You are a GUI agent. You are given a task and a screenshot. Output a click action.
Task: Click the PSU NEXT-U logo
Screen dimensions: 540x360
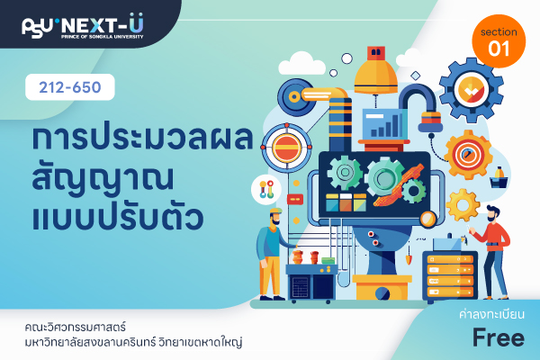coord(83,26)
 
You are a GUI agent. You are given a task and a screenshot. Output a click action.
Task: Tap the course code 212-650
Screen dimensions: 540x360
coord(70,87)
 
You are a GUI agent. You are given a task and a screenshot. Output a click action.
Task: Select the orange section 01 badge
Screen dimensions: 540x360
coord(499,41)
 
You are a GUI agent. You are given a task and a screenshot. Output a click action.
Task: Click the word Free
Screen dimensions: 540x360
coord(499,337)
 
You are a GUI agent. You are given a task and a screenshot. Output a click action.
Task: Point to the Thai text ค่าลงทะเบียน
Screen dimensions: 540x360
coord(491,314)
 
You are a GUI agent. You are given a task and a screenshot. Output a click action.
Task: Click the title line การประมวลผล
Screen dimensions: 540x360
coord(143,137)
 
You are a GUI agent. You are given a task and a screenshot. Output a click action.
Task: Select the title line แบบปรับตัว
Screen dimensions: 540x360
coord(118,216)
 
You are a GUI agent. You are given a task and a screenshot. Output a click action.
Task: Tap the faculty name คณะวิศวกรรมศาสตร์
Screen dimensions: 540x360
coord(75,327)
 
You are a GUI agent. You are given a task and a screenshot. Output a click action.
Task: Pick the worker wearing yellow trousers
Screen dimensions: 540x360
coord(272,254)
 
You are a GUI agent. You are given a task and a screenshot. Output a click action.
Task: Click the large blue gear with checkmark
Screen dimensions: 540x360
coord(471,90)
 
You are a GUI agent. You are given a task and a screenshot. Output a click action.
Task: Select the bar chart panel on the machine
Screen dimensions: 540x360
coord(382,124)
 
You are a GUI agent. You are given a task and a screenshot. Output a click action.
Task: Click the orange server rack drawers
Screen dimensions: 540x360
coord(450,275)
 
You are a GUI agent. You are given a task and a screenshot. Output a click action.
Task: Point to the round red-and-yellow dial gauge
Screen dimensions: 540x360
coord(286,148)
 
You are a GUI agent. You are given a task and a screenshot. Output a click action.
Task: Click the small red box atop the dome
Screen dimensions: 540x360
coord(376,54)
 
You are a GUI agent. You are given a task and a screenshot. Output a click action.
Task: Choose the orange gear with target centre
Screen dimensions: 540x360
coord(468,155)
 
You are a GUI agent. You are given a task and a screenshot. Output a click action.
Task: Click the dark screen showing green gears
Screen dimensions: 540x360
coord(374,185)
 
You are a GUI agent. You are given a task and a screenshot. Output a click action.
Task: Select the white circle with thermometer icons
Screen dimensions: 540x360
coord(266,190)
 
